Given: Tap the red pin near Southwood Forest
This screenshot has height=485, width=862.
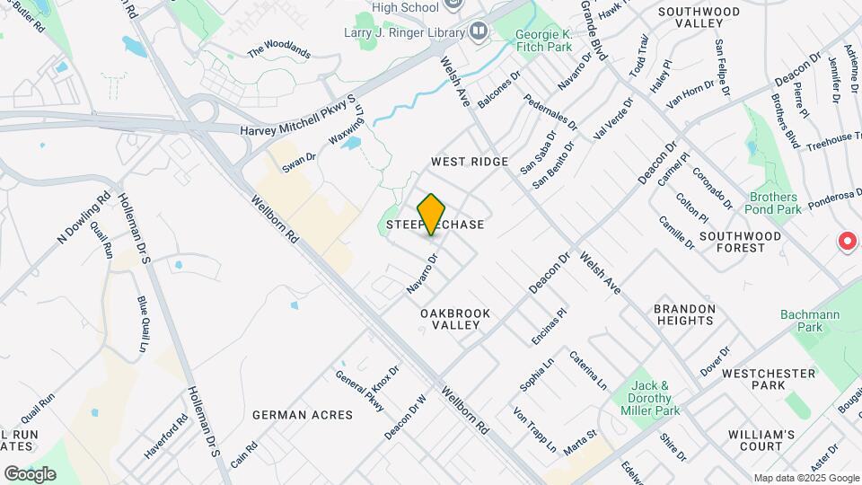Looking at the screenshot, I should click(x=846, y=241).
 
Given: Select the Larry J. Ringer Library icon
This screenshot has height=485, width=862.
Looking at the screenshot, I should click(x=478, y=32).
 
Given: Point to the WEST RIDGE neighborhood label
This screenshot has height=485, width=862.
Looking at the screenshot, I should click(x=470, y=162).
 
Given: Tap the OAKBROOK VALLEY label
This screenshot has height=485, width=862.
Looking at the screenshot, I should click(x=455, y=319).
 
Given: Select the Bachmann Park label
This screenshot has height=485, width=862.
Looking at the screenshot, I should click(x=801, y=321).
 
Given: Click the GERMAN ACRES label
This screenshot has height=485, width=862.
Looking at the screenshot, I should click(x=297, y=415).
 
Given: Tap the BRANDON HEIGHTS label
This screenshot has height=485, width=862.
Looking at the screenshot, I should click(x=685, y=314).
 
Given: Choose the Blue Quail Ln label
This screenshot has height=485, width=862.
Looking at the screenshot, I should click(x=142, y=324).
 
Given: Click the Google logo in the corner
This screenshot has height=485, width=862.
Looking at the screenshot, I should click(x=30, y=473).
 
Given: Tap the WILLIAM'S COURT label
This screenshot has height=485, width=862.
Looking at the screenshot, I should click(x=761, y=440).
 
